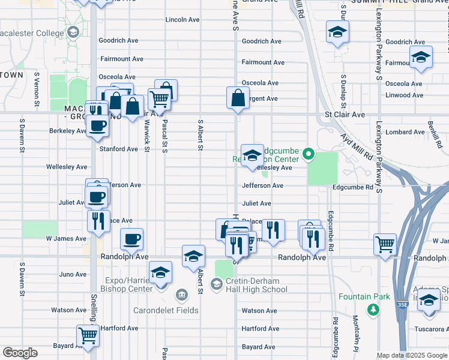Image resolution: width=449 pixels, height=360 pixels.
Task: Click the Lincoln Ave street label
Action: pos(182,20)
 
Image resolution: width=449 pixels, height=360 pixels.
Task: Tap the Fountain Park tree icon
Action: pos(373,309)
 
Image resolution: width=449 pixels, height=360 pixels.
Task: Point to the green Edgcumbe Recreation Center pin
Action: pos(309,155)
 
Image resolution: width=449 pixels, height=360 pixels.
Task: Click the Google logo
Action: pos(19,353)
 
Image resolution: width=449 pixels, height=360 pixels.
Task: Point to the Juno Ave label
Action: pos(73,275)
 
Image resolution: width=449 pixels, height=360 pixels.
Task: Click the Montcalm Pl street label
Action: pos(356,334)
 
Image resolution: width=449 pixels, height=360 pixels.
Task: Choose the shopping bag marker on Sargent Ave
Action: pos(238,98)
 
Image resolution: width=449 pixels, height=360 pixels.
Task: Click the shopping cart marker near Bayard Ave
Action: pos(88,335)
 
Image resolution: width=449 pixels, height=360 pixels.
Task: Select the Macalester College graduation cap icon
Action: pos(73,32)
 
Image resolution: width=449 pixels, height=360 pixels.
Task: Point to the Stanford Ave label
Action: pos(118,149)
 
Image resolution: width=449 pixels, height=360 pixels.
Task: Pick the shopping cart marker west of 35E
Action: pos(385,244)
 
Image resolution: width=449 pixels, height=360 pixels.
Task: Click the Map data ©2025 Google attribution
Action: pos(411,355)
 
